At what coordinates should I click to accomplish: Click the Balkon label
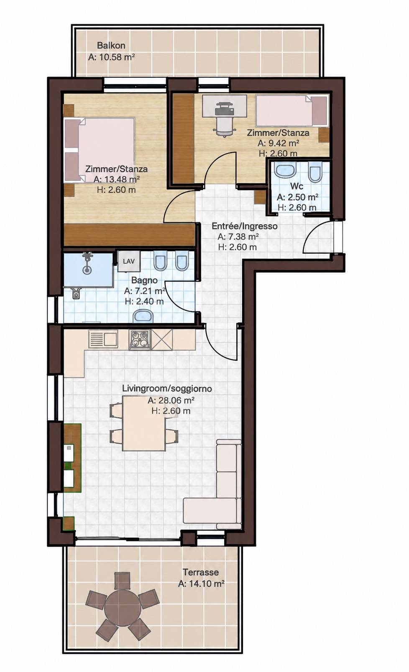pos(111,46)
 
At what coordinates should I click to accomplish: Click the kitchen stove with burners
pos(140,340)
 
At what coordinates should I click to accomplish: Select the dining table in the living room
pos(144,423)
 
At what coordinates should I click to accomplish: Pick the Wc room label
pos(297,186)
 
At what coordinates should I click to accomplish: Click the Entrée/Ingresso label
pos(245,226)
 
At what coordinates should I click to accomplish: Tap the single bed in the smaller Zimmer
pos(291,110)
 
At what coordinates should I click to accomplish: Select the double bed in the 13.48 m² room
pos(100,150)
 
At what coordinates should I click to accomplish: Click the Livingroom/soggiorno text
pos(167,389)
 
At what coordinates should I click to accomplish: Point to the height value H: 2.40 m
pos(144,301)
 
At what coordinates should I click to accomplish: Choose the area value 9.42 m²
pos(279,143)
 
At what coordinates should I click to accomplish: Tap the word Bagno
pos(144,280)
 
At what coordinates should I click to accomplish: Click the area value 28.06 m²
pos(171,400)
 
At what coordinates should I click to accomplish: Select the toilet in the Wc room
pos(315,173)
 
